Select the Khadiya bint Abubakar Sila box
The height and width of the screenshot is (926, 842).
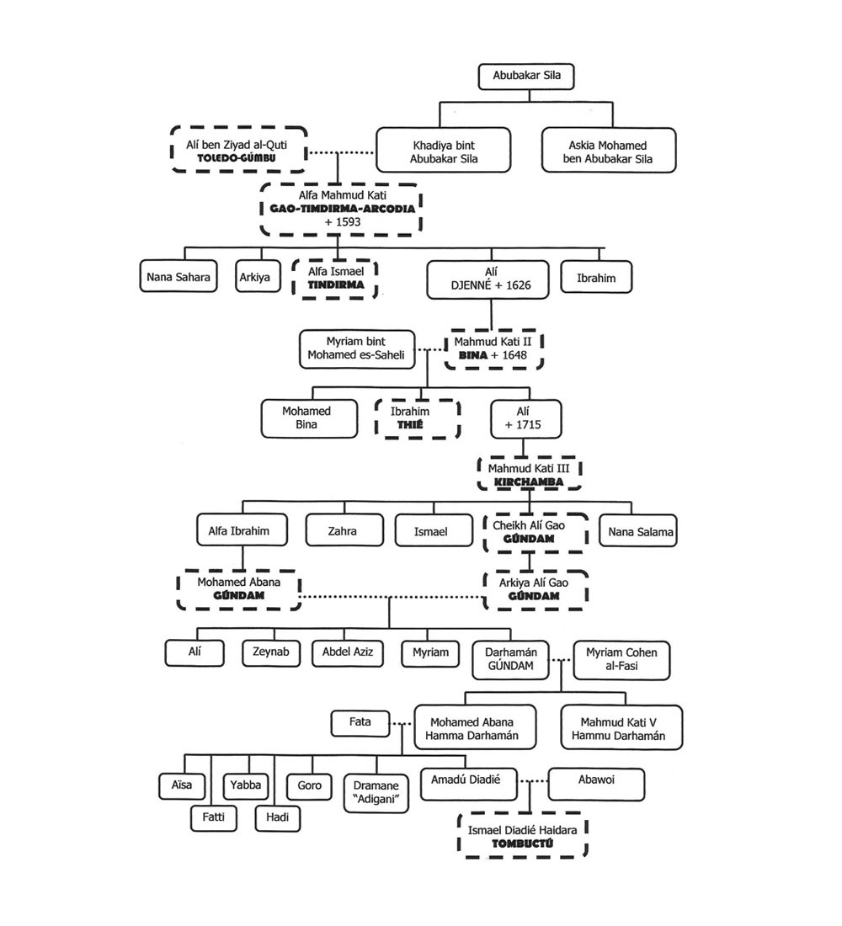click(x=443, y=150)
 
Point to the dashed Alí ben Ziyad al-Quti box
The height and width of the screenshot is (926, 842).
click(x=239, y=149)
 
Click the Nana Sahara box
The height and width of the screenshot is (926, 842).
click(x=178, y=277)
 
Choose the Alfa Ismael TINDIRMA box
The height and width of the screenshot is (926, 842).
click(x=334, y=277)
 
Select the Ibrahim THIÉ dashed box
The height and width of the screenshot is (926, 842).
click(x=418, y=418)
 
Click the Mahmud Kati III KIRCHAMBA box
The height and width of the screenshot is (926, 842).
click(x=530, y=474)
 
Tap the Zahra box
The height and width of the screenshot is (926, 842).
click(x=342, y=531)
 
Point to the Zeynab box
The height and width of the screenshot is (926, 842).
click(x=271, y=652)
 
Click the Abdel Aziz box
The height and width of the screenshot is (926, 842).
click(x=347, y=652)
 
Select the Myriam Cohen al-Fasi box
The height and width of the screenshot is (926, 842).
click(x=621, y=659)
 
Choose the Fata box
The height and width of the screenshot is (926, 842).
click(x=360, y=721)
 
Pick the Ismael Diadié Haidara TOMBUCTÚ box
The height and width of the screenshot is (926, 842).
click(x=522, y=836)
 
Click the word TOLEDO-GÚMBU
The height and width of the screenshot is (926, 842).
click(x=239, y=157)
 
